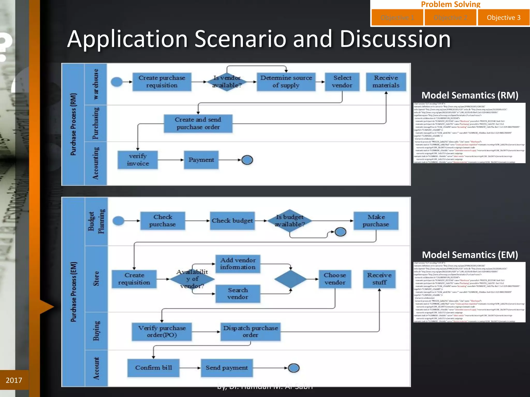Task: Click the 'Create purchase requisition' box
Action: tap(162, 82)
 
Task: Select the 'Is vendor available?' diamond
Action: tap(227, 82)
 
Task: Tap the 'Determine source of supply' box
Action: tap(286, 82)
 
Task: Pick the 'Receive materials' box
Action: tap(386, 82)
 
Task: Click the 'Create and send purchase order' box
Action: tap(198, 124)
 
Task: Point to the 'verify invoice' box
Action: tap(138, 160)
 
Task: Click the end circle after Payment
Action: tap(247, 160)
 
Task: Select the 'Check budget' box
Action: tap(232, 221)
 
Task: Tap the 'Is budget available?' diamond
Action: tap(290, 221)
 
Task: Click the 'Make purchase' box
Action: tap(376, 221)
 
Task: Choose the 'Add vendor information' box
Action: tap(238, 264)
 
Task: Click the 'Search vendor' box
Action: tap(238, 294)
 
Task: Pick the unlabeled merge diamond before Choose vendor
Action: tap(290, 279)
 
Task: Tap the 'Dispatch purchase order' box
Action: tap(251, 332)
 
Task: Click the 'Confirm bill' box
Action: tap(153, 368)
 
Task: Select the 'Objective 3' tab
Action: tap(503, 18)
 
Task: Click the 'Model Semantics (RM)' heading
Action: tap(470, 95)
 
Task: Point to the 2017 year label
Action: tap(14, 380)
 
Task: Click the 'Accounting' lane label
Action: tap(96, 163)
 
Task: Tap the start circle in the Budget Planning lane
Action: tap(119, 221)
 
